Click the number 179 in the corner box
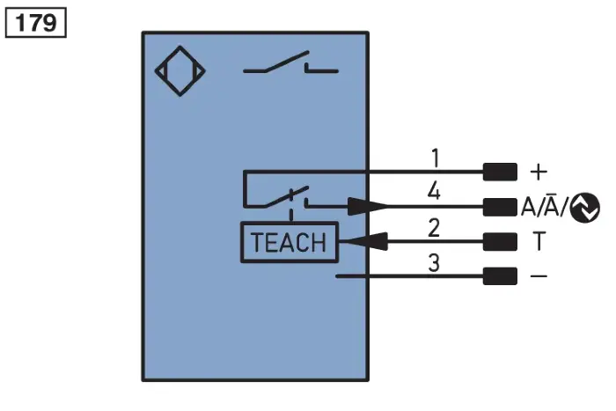coord(36,22)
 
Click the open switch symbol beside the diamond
coord(290,62)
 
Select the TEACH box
coord(290,242)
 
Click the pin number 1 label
coord(435,158)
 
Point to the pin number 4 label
coord(434,191)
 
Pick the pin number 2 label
coord(434,228)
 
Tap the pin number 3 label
coord(434,263)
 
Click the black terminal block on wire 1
coord(500,172)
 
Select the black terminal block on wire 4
coord(500,207)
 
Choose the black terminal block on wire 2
coord(500,242)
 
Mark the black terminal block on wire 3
coord(500,275)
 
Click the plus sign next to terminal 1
coord(539,172)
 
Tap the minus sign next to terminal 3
coord(539,275)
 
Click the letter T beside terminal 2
coord(539,241)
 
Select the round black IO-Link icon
coord(585,208)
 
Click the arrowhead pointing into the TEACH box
coord(363,241)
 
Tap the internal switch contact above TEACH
coord(287,197)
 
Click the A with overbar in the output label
coord(552,205)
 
